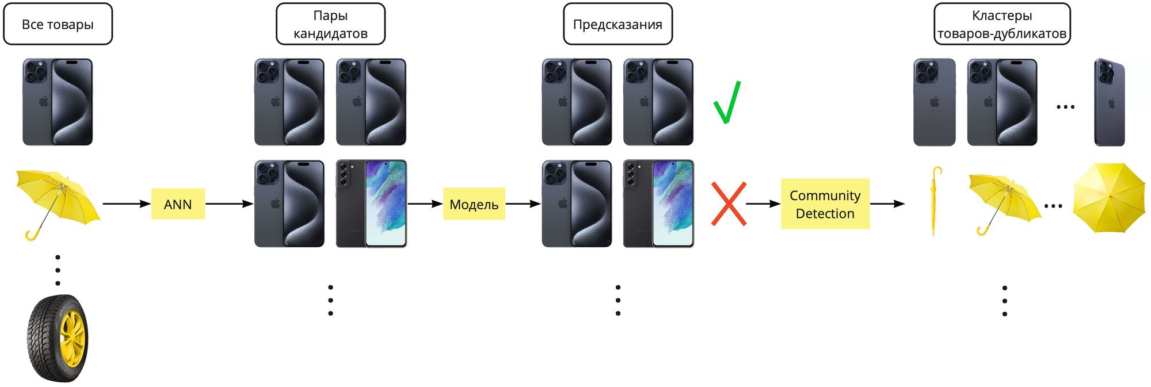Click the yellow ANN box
click(178, 204)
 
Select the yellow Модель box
click(474, 204)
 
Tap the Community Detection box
click(825, 204)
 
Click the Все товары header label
click(58, 24)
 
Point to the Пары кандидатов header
click(330, 24)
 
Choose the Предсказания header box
click(618, 24)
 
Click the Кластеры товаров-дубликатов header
click(1001, 24)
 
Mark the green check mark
click(726, 102)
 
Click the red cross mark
click(729, 204)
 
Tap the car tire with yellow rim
click(58, 338)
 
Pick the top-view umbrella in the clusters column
click(1109, 198)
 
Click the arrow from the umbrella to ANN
click(127, 204)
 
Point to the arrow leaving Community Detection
click(887, 204)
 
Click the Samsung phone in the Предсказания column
click(658, 204)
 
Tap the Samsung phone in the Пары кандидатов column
click(371, 204)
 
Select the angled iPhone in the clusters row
click(1109, 102)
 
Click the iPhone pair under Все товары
click(58, 102)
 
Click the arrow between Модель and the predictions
click(523, 204)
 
